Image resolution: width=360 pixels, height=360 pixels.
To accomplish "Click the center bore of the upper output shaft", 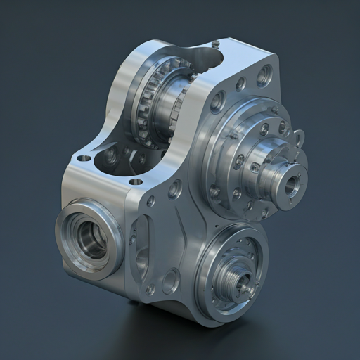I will click(290, 186).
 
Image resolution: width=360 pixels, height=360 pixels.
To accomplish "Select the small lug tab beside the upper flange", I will click(300, 137).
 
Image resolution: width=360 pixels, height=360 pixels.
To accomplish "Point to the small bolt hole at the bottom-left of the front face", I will click(148, 290).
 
